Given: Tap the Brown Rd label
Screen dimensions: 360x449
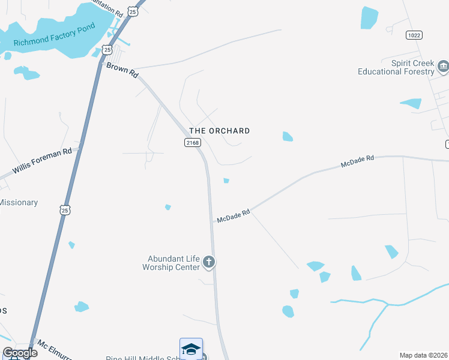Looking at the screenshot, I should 122,70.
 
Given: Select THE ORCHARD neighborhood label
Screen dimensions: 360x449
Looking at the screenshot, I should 219,131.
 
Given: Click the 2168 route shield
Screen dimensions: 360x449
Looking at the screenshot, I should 192,142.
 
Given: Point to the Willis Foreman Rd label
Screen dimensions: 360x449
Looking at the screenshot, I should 42,161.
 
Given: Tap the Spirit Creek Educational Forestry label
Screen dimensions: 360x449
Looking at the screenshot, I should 396,67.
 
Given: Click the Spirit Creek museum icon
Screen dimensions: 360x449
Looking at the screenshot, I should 443,65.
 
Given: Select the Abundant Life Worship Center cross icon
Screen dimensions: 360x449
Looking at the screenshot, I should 209,262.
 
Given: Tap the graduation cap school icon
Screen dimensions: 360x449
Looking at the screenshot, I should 191,349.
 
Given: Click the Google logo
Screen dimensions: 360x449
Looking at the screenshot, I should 20,353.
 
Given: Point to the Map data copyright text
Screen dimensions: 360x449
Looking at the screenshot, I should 423,355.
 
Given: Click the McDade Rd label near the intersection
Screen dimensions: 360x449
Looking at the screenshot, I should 233,215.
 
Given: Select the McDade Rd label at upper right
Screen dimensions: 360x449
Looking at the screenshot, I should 357,161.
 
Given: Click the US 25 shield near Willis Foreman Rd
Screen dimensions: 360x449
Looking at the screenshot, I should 65,209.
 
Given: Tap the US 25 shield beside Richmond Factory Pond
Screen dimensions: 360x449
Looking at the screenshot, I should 106,49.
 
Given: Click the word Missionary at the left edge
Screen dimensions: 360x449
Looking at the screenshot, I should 19,202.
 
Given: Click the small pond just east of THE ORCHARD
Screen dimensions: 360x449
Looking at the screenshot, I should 288,137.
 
